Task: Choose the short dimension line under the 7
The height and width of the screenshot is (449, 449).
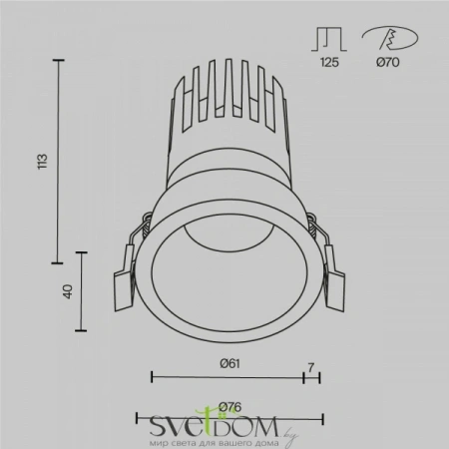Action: [x=311, y=376]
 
